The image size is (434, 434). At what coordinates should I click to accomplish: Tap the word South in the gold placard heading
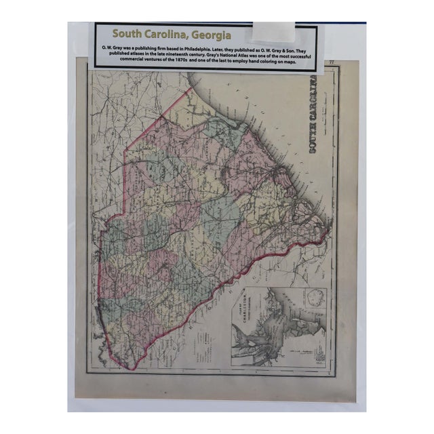[129, 33]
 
